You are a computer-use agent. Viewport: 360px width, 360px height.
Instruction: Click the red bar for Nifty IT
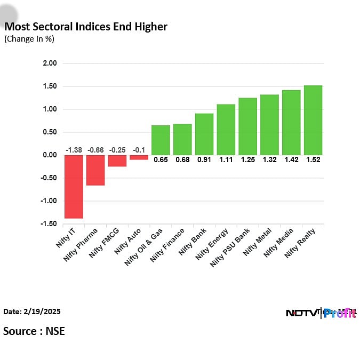coord(74,187)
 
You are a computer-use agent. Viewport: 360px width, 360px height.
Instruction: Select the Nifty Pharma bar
coord(95,170)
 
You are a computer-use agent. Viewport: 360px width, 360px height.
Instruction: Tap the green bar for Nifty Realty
coord(313,120)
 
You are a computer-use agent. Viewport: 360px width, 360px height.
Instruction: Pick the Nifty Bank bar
coord(204,134)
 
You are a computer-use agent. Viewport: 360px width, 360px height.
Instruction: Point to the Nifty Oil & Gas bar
coord(161,140)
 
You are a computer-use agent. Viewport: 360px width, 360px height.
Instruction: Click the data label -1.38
coord(74,150)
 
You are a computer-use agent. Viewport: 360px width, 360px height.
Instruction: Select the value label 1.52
coord(313,159)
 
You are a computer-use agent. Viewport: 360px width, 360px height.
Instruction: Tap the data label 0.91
coord(204,159)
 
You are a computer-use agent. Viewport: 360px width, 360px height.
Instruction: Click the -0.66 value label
coord(95,150)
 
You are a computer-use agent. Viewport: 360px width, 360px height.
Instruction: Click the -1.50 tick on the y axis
coord(49,224)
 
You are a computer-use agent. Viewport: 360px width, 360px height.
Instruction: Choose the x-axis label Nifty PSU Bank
coord(230,247)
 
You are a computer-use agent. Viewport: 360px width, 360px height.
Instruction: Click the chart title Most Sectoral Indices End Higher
coord(86,27)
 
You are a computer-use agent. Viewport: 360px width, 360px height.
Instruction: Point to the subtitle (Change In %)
coord(29,39)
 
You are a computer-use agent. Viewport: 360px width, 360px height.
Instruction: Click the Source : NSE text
coord(34,331)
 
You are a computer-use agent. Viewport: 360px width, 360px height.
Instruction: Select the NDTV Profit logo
coord(321,313)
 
